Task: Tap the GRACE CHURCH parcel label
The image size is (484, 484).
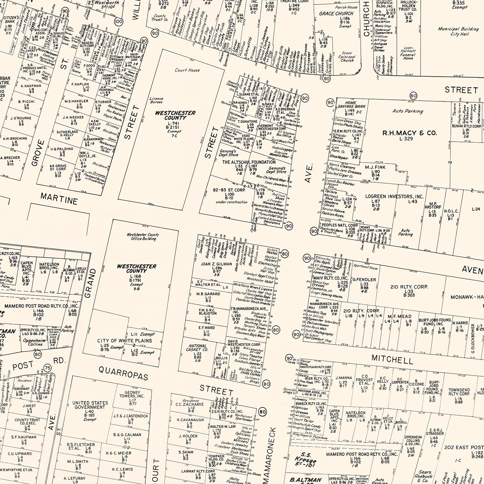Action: (x=336, y=14)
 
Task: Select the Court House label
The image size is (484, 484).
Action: (x=187, y=70)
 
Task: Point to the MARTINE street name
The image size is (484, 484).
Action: (x=59, y=199)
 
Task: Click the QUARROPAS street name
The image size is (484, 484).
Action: (x=123, y=373)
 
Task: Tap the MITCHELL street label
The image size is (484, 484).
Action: (x=392, y=359)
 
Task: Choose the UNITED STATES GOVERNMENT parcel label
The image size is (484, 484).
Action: (x=90, y=405)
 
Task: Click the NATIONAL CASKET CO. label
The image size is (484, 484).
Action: (x=198, y=348)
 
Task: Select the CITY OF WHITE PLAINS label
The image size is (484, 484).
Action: (x=125, y=341)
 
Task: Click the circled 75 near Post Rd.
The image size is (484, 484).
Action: (x=48, y=368)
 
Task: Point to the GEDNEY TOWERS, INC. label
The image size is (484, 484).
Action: (x=132, y=394)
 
